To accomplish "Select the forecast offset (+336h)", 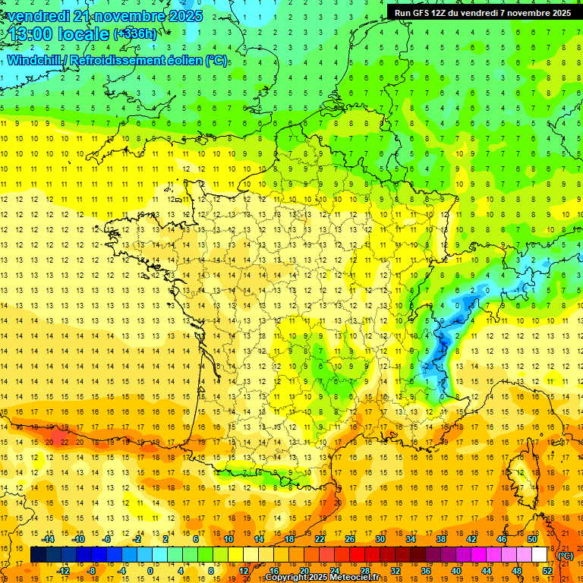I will point(135,34).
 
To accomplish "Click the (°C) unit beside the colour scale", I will point(565,556).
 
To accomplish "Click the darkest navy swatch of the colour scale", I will point(38,555).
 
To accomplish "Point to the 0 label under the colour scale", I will point(150,571).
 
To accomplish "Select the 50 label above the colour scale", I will point(533,539).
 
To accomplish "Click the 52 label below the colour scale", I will point(547,571).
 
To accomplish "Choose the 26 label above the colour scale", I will point(350,539).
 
